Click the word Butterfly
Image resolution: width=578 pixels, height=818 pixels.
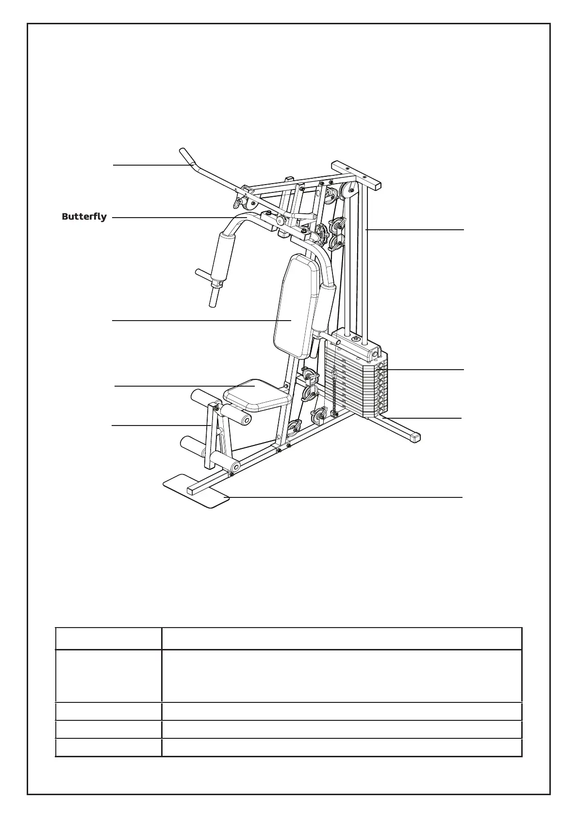tap(84, 217)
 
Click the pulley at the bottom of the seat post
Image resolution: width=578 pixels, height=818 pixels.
tap(293, 429)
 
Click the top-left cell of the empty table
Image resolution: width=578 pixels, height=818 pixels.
tap(108, 638)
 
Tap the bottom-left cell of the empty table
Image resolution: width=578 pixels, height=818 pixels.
tap(108, 748)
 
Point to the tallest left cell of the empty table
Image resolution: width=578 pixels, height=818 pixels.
tap(108, 676)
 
